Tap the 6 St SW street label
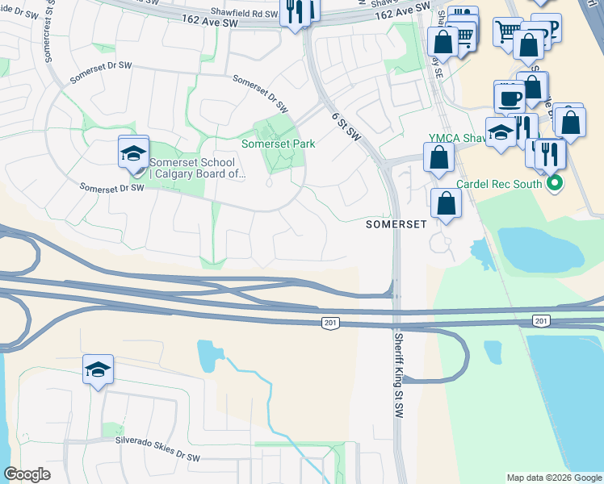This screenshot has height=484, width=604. click(x=345, y=127)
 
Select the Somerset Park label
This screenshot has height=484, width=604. click(x=279, y=144)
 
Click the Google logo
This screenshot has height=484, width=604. click(x=27, y=474)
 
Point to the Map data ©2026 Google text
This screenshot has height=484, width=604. click(x=554, y=478)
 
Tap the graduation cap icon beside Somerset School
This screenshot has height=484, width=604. click(x=134, y=153)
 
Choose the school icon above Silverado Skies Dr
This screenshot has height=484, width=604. click(x=98, y=370)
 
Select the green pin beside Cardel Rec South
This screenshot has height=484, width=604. click(x=555, y=184)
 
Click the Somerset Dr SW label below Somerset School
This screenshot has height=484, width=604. click(x=111, y=188)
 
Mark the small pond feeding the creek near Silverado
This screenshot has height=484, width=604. click(x=206, y=352)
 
